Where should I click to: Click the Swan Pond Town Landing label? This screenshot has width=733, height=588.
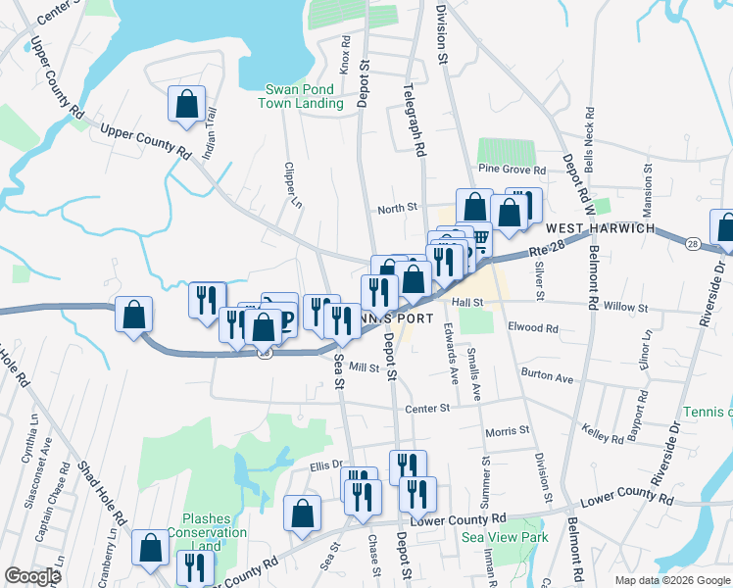tap(301, 96)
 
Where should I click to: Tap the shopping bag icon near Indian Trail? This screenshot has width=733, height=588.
tap(186, 105)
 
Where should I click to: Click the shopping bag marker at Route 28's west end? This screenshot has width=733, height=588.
tap(133, 316)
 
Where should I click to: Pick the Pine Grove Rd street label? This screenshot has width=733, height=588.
tap(513, 170)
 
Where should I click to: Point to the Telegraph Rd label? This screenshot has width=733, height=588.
tap(418, 119)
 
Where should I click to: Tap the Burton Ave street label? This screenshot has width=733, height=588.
tap(547, 376)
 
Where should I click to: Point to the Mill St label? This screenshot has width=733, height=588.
tap(364, 367)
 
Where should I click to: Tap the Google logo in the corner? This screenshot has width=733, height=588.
tap(32, 575)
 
